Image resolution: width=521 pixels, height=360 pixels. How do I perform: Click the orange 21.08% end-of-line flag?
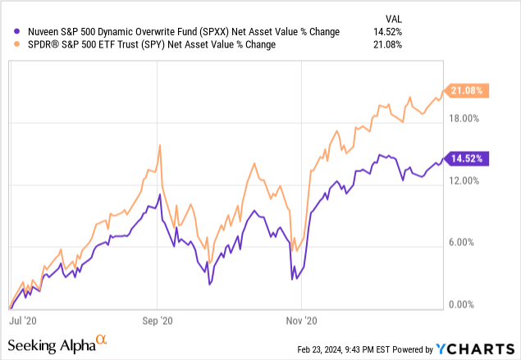[467, 91]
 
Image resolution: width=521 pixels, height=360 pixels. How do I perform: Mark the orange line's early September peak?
[158, 144]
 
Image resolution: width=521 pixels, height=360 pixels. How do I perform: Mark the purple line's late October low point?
[293, 279]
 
